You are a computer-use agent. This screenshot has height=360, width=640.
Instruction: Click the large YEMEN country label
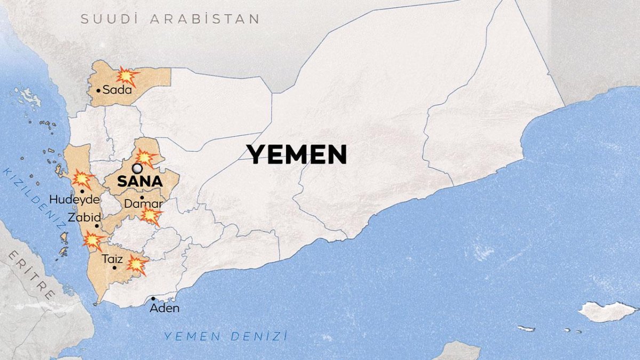[x=297, y=155]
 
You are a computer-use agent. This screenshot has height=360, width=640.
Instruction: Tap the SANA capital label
[x=140, y=181]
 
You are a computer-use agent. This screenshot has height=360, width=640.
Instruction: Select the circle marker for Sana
[x=138, y=169]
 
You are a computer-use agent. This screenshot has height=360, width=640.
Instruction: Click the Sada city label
[x=117, y=90]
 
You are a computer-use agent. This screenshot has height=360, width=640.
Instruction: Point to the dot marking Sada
[x=99, y=91]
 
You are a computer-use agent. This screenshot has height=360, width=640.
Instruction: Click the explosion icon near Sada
[x=127, y=76]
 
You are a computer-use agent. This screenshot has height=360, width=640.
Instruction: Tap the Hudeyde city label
[x=74, y=200]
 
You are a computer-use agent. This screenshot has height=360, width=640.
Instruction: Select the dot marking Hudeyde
[x=82, y=191]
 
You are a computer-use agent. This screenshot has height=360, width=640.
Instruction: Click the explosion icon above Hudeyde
[x=82, y=179]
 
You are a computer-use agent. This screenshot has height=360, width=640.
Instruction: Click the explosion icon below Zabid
[x=93, y=241]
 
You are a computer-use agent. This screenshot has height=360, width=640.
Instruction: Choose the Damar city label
[x=143, y=204]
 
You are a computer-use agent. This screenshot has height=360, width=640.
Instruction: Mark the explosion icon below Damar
[x=151, y=215]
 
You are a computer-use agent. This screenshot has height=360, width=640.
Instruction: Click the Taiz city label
[x=114, y=259]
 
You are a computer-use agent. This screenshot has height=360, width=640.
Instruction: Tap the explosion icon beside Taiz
[x=137, y=265]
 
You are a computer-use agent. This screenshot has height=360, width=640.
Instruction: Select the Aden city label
[x=164, y=308]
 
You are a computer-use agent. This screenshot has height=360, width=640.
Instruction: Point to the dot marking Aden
[x=153, y=299]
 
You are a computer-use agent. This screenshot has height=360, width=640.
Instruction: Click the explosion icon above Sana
[x=145, y=158]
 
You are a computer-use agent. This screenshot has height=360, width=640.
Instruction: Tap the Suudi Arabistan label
[x=170, y=19]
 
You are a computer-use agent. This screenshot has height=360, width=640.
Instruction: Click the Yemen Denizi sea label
[x=226, y=336]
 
